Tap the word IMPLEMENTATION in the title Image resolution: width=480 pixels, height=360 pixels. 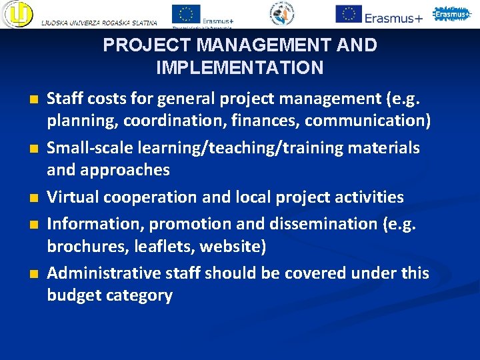(239, 67)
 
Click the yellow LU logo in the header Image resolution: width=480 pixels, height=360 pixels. (17, 13)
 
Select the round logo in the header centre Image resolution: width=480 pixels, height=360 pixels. (285, 13)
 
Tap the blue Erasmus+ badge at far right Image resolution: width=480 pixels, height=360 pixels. (452, 13)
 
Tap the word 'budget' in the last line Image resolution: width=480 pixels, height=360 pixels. (73, 295)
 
